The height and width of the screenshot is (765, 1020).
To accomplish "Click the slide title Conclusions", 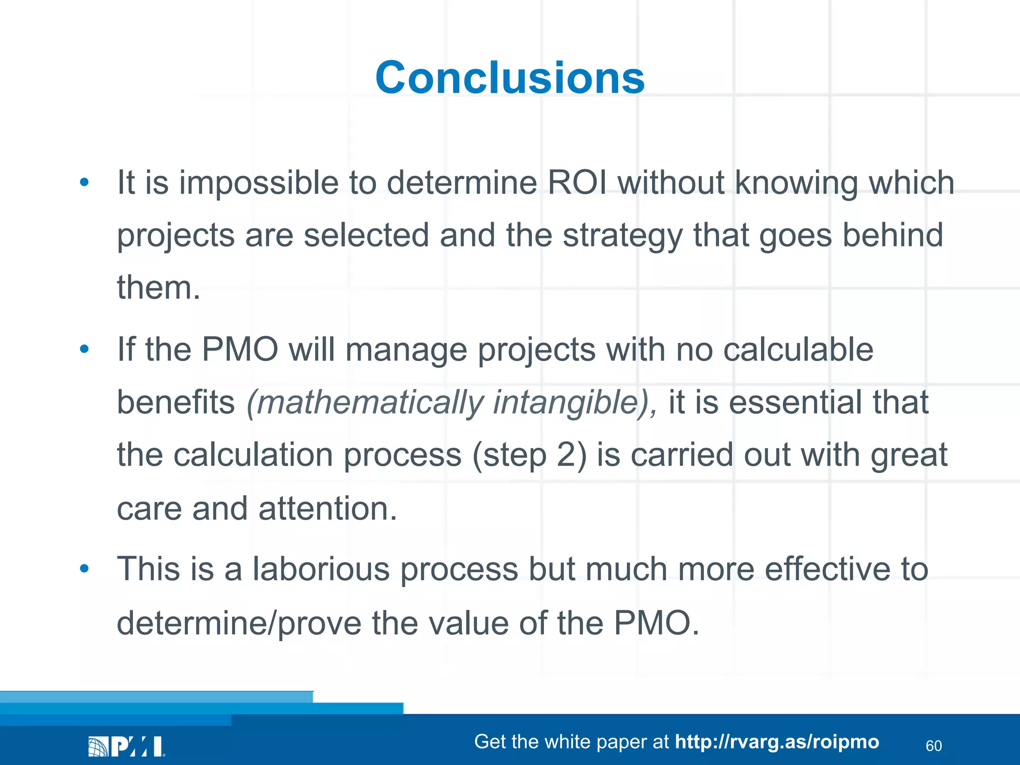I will click(x=510, y=78).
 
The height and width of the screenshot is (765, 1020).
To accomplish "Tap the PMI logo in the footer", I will click(x=127, y=746).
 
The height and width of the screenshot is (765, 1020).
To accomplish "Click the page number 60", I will click(x=933, y=746).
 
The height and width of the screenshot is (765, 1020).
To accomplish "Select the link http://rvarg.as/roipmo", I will click(x=776, y=742).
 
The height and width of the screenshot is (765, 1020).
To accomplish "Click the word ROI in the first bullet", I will click(x=577, y=182).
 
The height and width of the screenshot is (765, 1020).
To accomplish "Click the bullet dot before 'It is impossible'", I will click(x=84, y=182).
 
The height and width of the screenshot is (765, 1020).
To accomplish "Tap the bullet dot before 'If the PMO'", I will click(x=84, y=349).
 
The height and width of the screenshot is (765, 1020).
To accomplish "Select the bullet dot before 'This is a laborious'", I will click(x=84, y=568).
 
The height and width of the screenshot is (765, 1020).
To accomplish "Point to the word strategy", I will click(x=623, y=236).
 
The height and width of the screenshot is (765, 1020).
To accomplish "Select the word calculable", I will click(x=798, y=349).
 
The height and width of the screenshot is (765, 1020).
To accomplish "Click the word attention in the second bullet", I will click(x=327, y=509).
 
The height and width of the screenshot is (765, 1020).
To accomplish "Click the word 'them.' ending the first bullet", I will click(x=158, y=288).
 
